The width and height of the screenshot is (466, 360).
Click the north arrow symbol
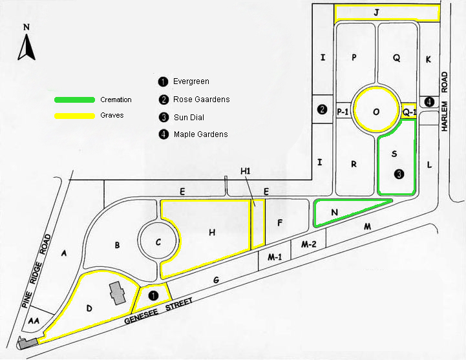click(x=26, y=47)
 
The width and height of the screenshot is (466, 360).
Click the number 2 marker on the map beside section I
click(x=322, y=109)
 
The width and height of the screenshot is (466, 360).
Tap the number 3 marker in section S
click(x=400, y=173)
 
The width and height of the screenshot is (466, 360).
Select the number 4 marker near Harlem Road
click(x=430, y=101)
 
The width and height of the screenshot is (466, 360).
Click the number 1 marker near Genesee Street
click(x=153, y=294)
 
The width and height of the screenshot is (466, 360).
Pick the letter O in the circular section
click(x=376, y=111)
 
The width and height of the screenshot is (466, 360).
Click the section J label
click(x=376, y=12)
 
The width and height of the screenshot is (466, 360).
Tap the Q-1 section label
click(x=409, y=112)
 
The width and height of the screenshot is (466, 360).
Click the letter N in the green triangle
click(x=334, y=211)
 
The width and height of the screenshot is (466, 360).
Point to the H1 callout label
click(x=245, y=171)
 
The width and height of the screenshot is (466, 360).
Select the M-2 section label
click(x=309, y=244)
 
